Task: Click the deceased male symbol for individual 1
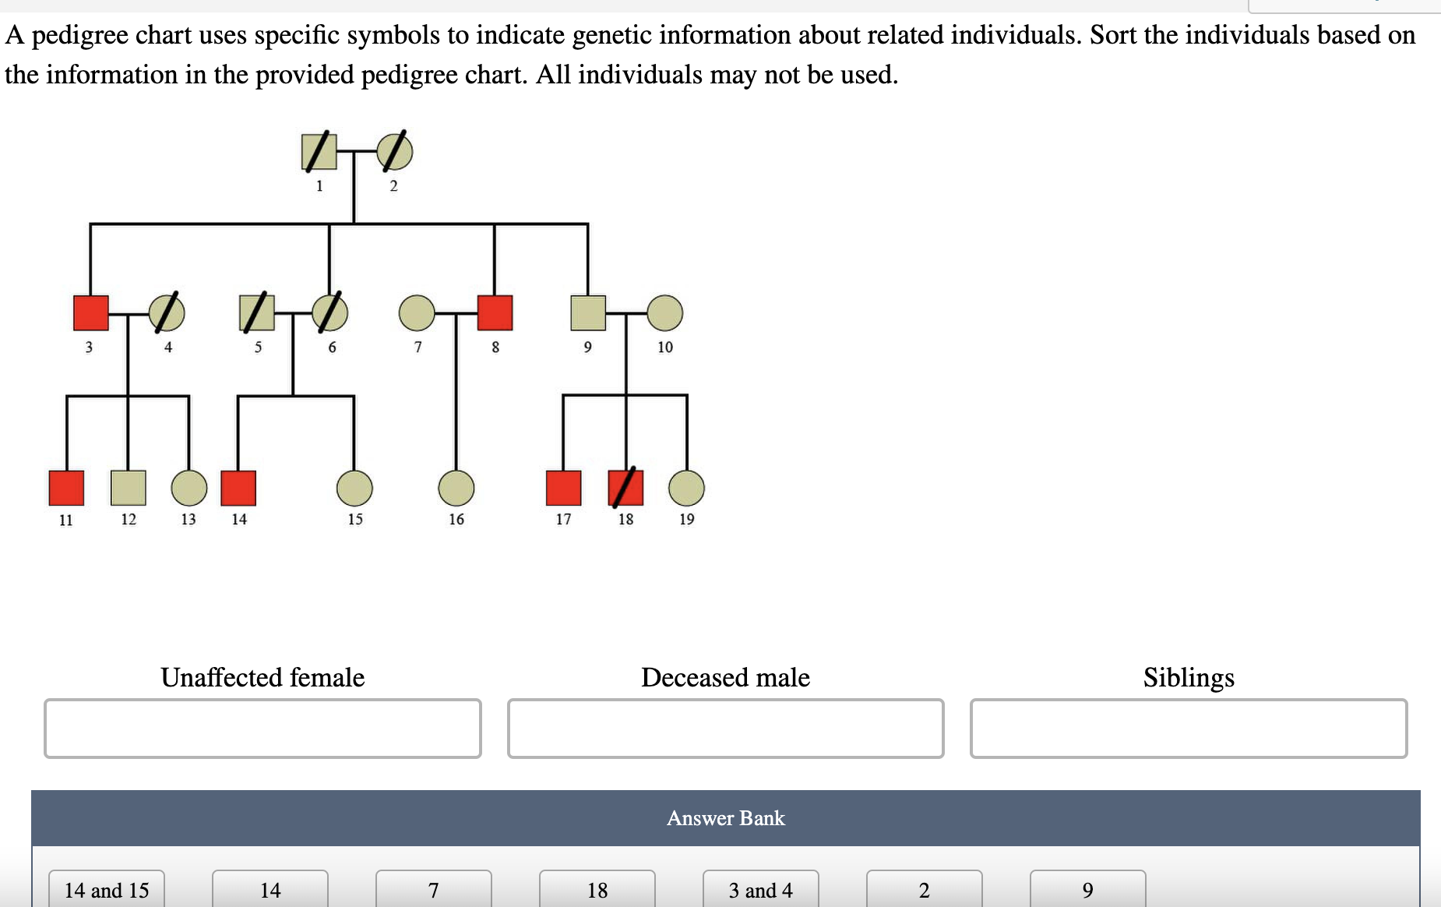pos(319,151)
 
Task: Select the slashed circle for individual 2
pos(395,151)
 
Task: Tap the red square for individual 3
pos(90,312)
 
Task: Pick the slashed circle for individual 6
pos(330,312)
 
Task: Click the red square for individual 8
pos(495,312)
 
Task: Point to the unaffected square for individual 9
pos(588,312)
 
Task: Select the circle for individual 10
pos(664,312)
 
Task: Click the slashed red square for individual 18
pos(625,488)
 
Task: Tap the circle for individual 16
pos(456,488)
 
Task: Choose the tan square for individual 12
pos(129,488)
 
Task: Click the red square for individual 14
pos(238,488)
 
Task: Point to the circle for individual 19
pos(686,488)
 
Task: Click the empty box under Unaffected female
pos(262,729)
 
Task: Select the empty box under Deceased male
pos(725,729)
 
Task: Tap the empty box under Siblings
pos(1189,729)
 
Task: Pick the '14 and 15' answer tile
pos(107,889)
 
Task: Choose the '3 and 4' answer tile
pos(761,889)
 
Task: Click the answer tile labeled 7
pos(434,889)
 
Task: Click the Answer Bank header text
pos(726,818)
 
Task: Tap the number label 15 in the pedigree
pos(355,519)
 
